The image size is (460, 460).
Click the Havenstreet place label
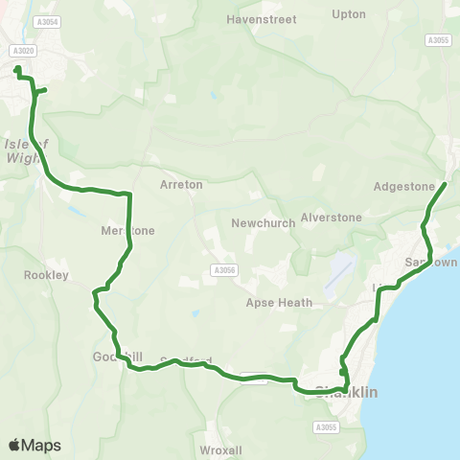(x=262, y=19)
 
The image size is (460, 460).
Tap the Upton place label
(x=348, y=14)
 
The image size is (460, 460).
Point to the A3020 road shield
(x=23, y=51)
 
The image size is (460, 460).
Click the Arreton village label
(x=181, y=183)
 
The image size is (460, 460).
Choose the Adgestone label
(x=403, y=187)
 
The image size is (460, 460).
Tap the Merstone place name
(x=127, y=230)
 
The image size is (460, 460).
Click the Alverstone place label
(x=332, y=218)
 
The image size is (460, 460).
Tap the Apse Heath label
(x=280, y=303)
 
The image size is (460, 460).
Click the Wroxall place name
(x=222, y=449)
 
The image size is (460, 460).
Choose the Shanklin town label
(x=346, y=392)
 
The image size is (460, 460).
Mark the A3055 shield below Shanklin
(x=328, y=426)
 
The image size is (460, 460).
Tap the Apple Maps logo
(x=34, y=445)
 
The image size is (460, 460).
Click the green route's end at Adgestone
(x=446, y=183)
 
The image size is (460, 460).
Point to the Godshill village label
(x=118, y=357)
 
